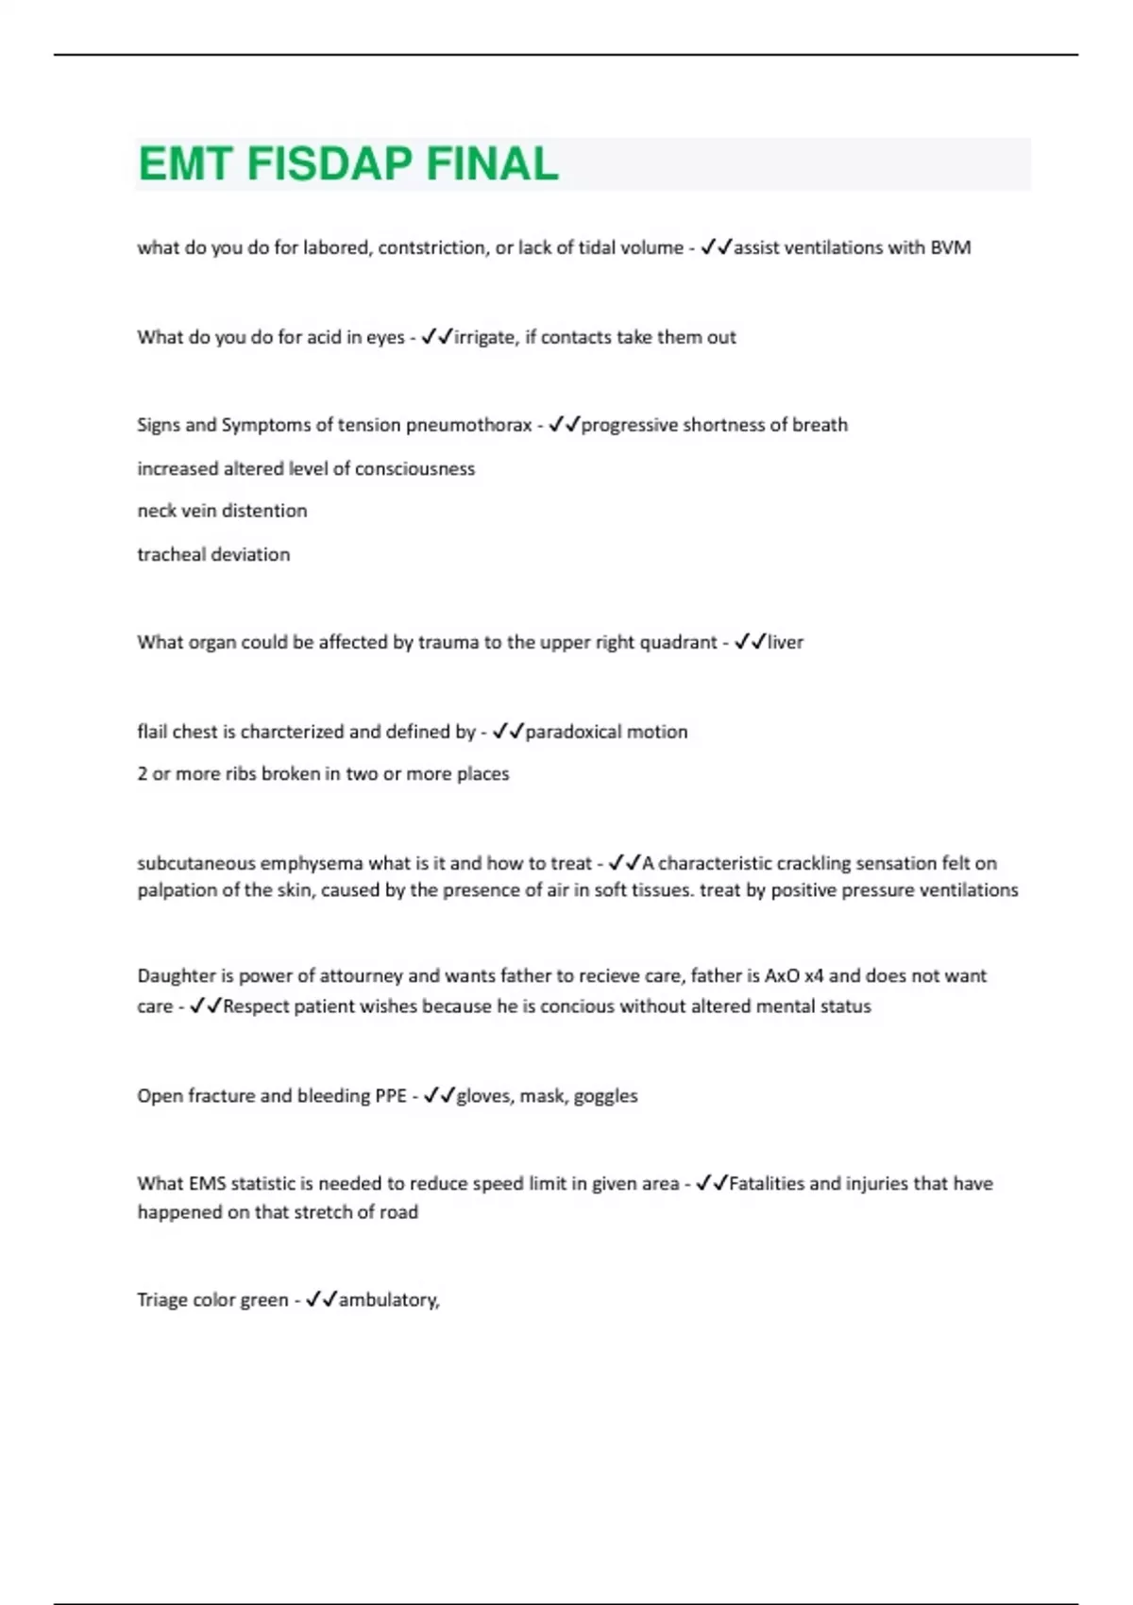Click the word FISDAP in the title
329,164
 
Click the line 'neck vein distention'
222,511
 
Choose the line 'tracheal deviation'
213,554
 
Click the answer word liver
786,642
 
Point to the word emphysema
311,863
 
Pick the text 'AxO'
782,975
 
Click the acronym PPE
390,1096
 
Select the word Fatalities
767,1184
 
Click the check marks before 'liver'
750,642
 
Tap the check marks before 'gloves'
439,1096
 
